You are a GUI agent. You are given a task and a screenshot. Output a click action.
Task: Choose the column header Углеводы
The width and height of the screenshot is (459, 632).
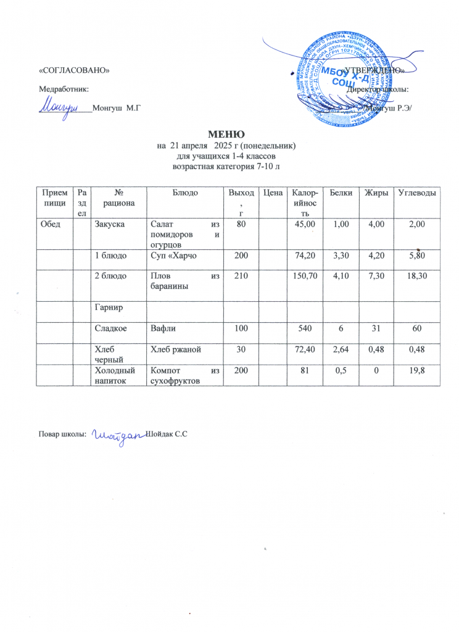(x=418, y=194)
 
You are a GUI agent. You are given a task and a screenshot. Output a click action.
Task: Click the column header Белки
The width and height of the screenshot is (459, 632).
(x=341, y=194)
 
